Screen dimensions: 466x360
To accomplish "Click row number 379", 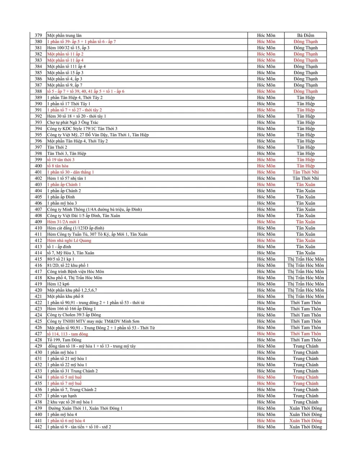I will [x=38, y=35].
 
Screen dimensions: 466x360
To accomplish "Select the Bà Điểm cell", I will [x=305, y=35].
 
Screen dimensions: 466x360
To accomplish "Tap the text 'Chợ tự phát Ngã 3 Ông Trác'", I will [x=73, y=122].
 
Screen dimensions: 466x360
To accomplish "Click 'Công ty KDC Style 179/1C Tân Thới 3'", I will [x=82, y=128].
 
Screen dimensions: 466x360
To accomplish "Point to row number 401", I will [x=38, y=172].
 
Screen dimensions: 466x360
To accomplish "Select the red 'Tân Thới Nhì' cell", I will [x=305, y=172].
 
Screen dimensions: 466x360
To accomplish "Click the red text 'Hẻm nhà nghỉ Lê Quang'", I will [x=69, y=240].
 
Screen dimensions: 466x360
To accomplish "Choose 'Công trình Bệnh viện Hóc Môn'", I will [x=76, y=271].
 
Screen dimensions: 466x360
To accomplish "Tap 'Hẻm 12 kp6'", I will [x=58, y=284].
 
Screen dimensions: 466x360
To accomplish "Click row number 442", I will [x=38, y=427].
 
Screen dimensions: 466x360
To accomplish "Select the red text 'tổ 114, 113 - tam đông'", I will [x=67, y=334].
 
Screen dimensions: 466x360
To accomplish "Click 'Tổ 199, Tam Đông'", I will [x=64, y=340].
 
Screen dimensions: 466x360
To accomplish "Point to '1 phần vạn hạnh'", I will [x=62, y=396].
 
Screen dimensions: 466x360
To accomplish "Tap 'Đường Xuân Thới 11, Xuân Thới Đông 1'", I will [x=85, y=408].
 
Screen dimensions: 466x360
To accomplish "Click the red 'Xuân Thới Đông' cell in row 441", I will [x=305, y=421].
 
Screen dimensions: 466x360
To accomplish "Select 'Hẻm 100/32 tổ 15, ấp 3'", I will [x=68, y=48].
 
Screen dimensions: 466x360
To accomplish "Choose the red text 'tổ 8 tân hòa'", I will [x=58, y=166].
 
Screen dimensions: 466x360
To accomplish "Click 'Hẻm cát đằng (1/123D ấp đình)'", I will [x=76, y=228].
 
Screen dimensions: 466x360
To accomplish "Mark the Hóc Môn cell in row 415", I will [x=266, y=259].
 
